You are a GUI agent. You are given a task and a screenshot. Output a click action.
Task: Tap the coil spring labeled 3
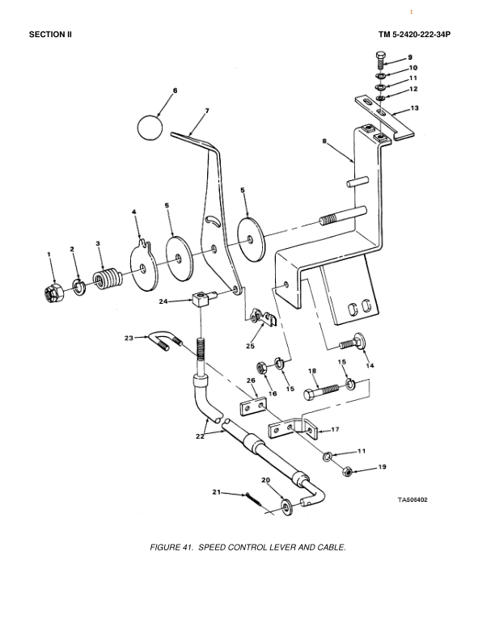(x=107, y=280)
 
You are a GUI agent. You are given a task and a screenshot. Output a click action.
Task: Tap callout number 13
(x=414, y=107)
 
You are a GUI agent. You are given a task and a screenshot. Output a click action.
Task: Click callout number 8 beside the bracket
(x=324, y=141)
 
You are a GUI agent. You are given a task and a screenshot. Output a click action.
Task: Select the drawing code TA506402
(x=412, y=500)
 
